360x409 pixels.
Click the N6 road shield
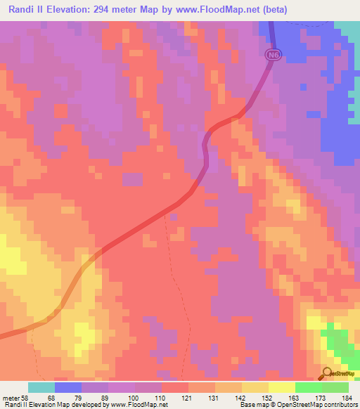[274, 54]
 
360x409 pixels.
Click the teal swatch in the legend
[41, 387]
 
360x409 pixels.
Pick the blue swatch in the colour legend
[68, 387]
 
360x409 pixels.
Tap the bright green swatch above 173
[309, 387]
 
